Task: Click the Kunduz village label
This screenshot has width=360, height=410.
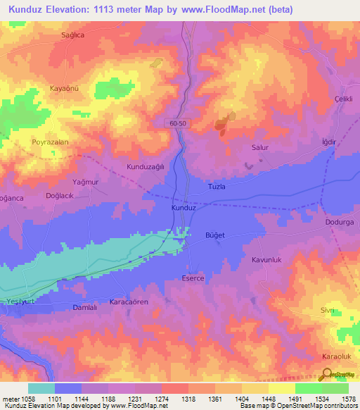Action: point(183,209)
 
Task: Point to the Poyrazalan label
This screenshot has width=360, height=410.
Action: point(50,142)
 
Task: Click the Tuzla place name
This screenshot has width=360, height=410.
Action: point(217,186)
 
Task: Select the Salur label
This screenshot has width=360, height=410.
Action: point(261,148)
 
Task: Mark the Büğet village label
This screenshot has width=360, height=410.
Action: point(214,234)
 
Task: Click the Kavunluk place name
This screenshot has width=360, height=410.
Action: point(266,260)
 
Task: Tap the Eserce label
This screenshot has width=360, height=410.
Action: point(193,278)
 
